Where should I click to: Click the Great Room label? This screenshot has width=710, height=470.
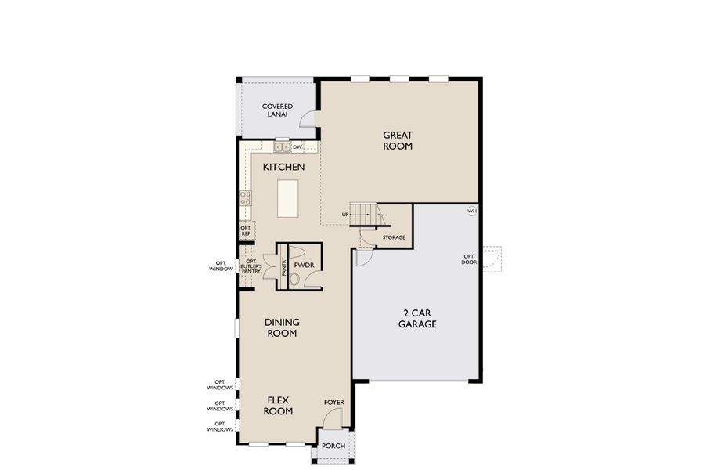398,140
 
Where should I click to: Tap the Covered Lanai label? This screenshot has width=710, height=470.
277,110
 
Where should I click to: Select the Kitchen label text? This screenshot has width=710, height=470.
283,167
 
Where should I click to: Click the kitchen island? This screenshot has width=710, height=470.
288,198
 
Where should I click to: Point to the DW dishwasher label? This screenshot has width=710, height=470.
297,146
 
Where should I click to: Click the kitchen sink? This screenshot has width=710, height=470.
282,146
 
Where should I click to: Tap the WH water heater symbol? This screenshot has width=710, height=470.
472,211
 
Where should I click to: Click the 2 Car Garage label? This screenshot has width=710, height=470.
417,318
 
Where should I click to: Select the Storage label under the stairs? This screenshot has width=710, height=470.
394,237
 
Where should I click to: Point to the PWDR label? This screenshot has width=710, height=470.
305,266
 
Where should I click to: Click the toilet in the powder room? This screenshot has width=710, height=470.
295,278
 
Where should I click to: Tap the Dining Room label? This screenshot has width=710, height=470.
282,327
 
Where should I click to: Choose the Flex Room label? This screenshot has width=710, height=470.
278,405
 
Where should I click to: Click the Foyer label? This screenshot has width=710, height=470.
334,403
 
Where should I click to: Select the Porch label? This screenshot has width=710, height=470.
334,446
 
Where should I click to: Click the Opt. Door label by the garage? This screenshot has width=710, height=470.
469,259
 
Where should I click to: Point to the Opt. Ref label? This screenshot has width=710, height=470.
246,231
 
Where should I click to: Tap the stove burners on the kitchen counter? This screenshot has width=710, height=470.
245,197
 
